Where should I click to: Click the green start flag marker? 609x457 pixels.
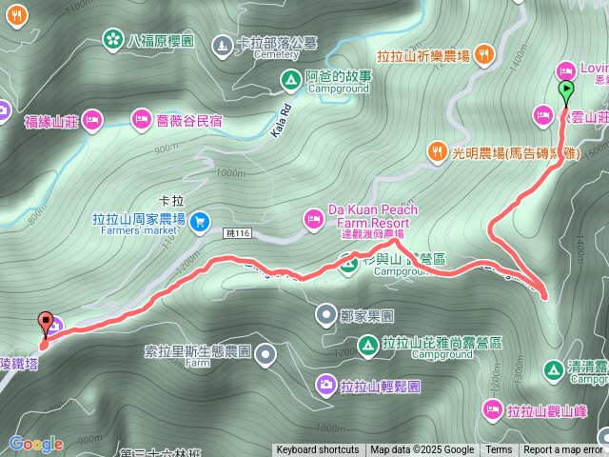(566, 91)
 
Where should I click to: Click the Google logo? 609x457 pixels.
(36, 444)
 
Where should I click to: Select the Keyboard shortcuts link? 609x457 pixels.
(318, 450)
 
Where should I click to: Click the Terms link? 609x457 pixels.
(499, 450)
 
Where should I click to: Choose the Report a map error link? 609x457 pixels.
(563, 450)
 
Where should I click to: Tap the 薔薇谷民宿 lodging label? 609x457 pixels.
(189, 120)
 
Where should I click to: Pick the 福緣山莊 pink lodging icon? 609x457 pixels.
(91, 120)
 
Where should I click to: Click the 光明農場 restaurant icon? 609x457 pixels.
(438, 149)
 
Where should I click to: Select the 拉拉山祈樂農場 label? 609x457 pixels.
(423, 56)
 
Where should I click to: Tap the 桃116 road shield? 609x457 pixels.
(237, 234)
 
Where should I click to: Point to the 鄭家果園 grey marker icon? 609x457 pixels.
(326, 314)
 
